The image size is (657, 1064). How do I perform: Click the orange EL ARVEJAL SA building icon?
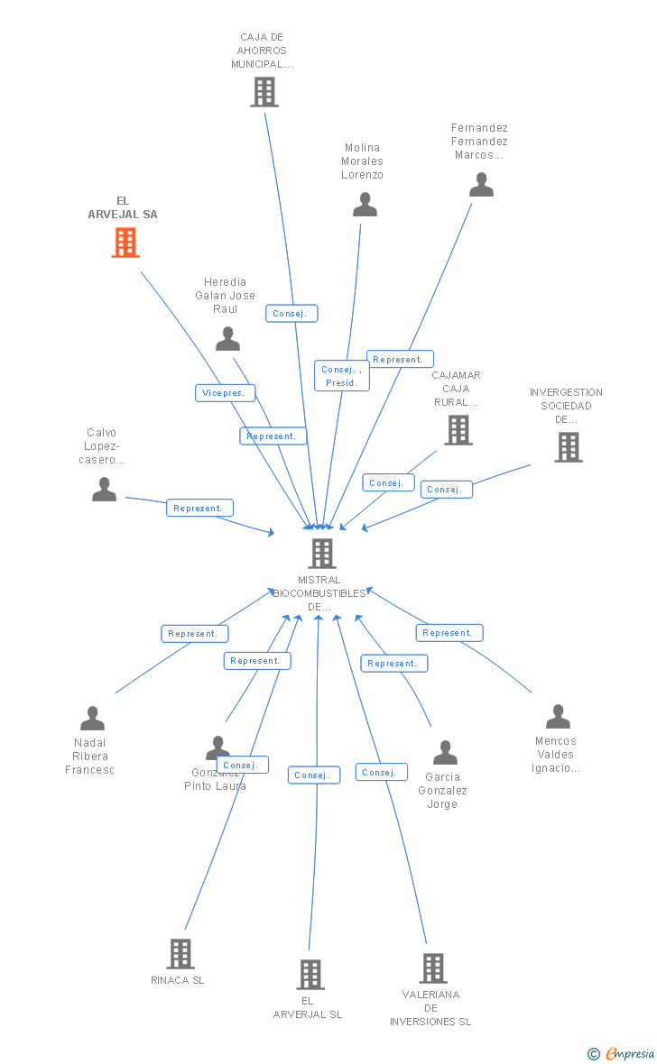tap(125, 242)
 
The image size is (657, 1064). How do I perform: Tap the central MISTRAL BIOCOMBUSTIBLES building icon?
tap(322, 553)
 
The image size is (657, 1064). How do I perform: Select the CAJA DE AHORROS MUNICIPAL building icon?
tap(264, 92)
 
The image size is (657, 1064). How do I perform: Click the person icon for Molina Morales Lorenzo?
tap(365, 205)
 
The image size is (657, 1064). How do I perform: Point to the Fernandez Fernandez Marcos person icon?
tap(481, 185)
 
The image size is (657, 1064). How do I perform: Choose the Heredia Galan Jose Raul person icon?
tap(227, 339)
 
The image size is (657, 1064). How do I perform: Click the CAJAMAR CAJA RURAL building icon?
tap(458, 430)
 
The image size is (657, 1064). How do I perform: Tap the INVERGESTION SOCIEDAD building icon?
tap(568, 447)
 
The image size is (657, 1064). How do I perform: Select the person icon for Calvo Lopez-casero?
tap(105, 490)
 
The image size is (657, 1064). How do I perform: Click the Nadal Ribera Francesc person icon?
tap(92, 719)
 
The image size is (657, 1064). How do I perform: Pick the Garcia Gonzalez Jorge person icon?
tap(445, 753)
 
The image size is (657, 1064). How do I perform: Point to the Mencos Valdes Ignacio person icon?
tap(558, 717)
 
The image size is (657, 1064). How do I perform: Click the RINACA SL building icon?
tap(180, 953)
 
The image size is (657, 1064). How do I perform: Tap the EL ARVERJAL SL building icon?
tap(310, 974)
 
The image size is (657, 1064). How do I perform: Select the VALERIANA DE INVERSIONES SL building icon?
tap(433, 968)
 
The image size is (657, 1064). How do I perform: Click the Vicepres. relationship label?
tap(226, 393)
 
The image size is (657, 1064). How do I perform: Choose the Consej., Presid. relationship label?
tap(342, 375)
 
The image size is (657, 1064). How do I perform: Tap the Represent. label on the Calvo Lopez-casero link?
tap(199, 508)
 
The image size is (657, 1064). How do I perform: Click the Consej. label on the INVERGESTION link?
tap(446, 489)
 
